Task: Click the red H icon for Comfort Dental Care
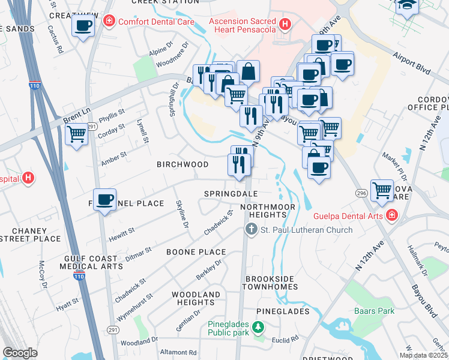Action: (x=109, y=22)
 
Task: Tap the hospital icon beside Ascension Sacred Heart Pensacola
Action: (x=285, y=25)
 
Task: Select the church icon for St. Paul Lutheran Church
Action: (x=250, y=230)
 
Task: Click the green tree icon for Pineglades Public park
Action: (x=258, y=328)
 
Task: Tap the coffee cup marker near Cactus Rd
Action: (x=83, y=26)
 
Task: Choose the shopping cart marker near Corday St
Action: (x=77, y=134)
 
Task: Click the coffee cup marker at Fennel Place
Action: (x=105, y=200)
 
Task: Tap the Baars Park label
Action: (x=374, y=311)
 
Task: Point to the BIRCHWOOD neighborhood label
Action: (x=182, y=164)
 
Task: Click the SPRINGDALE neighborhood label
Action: (x=231, y=194)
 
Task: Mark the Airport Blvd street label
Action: (x=413, y=62)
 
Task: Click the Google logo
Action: (x=20, y=353)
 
